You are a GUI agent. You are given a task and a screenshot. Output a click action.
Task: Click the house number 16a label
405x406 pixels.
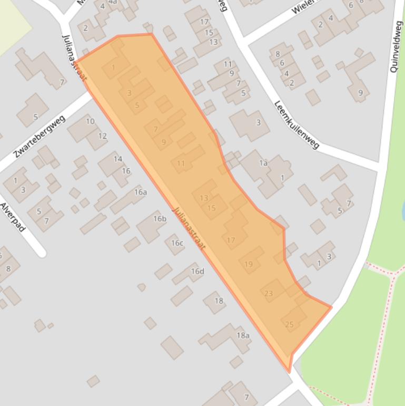140,192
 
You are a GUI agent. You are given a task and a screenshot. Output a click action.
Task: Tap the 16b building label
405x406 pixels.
160,219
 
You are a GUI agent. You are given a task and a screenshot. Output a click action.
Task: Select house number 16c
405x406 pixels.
177,243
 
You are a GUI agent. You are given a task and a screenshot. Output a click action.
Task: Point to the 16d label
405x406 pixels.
197,271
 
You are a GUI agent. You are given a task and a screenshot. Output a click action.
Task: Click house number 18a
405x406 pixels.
243,335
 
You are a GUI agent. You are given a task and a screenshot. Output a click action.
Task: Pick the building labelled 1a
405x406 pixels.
263,163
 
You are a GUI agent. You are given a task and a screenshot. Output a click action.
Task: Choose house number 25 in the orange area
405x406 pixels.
289,324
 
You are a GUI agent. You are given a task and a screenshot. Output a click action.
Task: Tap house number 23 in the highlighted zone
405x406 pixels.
269,294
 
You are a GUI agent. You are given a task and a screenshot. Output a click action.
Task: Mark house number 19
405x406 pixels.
249,264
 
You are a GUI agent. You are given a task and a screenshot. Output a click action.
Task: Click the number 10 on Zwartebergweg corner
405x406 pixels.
90,122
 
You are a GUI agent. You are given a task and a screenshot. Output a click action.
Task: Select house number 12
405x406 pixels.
102,136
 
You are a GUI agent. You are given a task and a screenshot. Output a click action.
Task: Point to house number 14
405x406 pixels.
118,159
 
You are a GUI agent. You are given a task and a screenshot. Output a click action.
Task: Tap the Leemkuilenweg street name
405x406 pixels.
297,124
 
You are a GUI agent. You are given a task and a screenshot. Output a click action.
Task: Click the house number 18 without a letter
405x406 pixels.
219,301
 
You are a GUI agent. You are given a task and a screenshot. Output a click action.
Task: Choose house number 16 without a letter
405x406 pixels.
126,171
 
